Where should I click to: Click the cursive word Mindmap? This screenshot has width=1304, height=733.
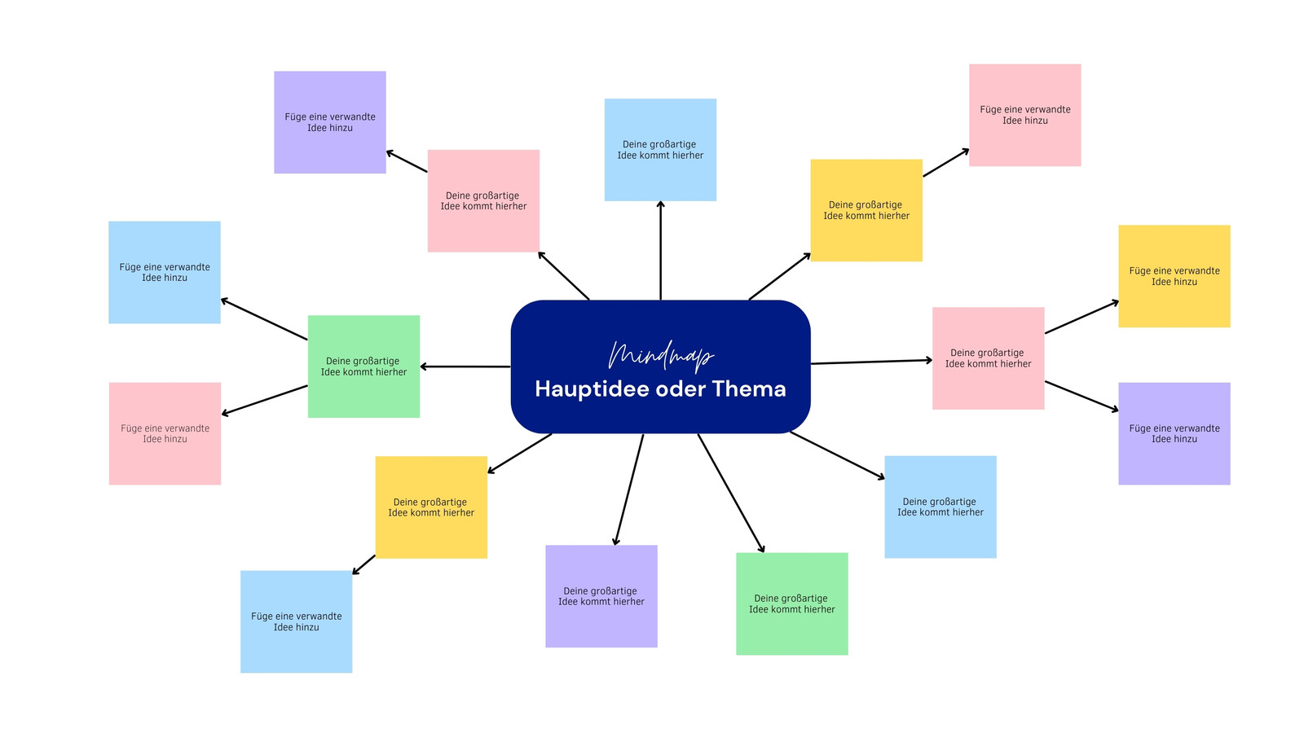pos(660,356)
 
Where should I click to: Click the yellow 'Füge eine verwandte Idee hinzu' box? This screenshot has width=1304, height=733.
pos(1174,276)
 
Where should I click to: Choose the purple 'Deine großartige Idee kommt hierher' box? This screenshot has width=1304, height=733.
pos(601,596)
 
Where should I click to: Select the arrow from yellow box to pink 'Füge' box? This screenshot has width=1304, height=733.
pos(946,163)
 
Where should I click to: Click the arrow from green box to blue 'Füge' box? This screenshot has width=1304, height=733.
pos(264,319)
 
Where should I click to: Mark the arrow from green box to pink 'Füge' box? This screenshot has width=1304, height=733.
pos(264,400)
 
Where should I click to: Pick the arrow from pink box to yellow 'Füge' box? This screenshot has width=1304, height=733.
pos(1082,317)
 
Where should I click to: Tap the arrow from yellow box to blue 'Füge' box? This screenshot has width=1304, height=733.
pos(363,565)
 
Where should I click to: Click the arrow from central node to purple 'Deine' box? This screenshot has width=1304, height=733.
pos(628,489)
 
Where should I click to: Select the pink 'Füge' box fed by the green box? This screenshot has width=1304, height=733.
pos(165,433)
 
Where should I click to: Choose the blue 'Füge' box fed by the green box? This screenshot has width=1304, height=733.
pos(165,272)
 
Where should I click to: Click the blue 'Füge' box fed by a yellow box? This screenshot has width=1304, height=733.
pos(297,622)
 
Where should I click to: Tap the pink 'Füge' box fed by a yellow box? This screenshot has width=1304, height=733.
pos(1025,115)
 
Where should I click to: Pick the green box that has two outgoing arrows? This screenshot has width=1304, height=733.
pos(363,366)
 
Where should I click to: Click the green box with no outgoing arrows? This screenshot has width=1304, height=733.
pos(792,604)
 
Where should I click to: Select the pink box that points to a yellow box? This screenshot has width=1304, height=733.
pos(989,358)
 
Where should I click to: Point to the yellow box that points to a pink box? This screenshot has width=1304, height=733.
pos(866,211)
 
